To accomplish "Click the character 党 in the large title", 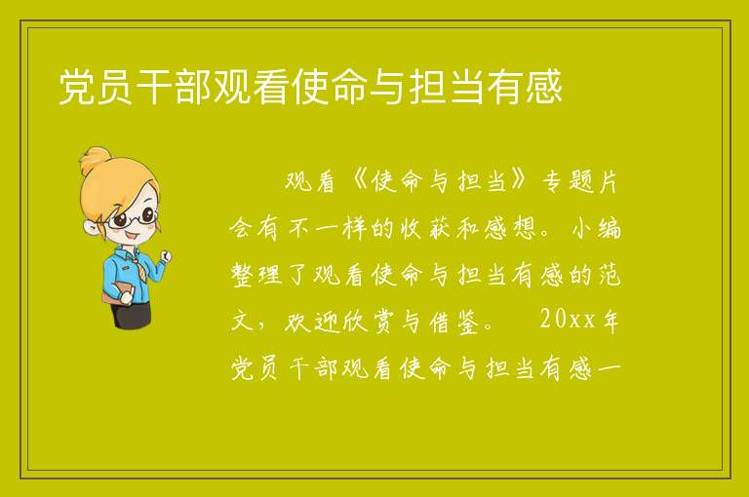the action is point(76,87).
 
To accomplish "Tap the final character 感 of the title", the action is point(543,87).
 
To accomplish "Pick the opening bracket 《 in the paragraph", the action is point(356,181).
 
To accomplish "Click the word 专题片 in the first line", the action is point(581,181).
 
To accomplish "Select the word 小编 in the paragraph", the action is point(596,228).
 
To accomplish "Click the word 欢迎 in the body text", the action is point(312,322).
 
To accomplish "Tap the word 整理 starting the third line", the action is point(257,275).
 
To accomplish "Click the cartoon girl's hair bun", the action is point(96,159).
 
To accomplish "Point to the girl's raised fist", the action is point(165,256).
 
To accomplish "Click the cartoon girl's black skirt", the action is point(131,315).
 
